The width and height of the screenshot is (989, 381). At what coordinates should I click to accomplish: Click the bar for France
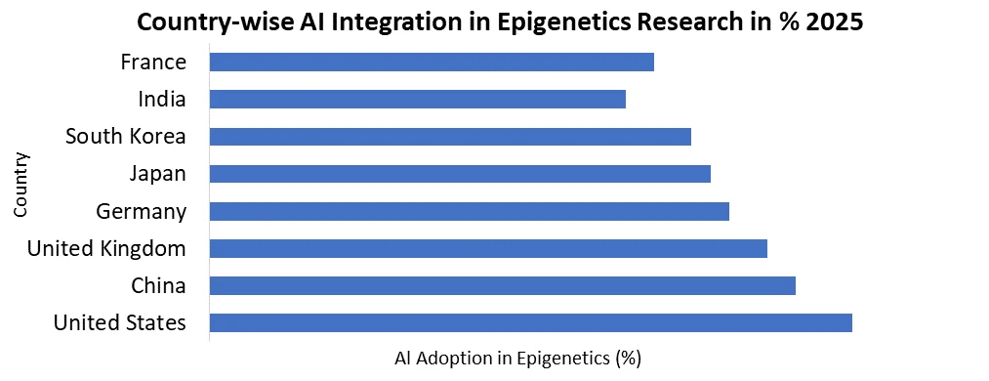tap(432, 63)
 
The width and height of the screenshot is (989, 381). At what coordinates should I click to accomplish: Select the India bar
tap(418, 100)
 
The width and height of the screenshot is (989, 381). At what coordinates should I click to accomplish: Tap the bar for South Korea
tap(450, 137)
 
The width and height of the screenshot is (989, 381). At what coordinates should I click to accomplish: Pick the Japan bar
tap(460, 174)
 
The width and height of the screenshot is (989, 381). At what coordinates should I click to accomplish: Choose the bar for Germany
tap(470, 211)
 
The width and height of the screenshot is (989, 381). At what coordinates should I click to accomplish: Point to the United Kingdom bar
tap(488, 248)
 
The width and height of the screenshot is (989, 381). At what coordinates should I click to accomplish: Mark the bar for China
tap(503, 285)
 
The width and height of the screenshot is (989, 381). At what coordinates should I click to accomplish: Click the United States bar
tap(531, 322)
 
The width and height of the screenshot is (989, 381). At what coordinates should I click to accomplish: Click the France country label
tap(153, 63)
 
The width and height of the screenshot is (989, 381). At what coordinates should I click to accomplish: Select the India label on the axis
tap(162, 100)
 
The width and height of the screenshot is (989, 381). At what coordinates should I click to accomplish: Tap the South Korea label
tap(125, 137)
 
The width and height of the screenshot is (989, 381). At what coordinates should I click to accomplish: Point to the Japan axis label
tap(157, 174)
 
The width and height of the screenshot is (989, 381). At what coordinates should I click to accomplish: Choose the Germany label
tap(142, 211)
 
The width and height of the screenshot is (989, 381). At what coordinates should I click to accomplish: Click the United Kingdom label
tap(106, 248)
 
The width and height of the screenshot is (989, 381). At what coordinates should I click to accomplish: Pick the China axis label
tap(158, 285)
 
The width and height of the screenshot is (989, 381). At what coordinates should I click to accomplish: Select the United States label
tap(120, 322)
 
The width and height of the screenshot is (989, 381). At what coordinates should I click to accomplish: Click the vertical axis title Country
tap(21, 184)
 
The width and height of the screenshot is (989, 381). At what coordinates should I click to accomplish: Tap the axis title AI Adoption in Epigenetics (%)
tap(517, 359)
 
